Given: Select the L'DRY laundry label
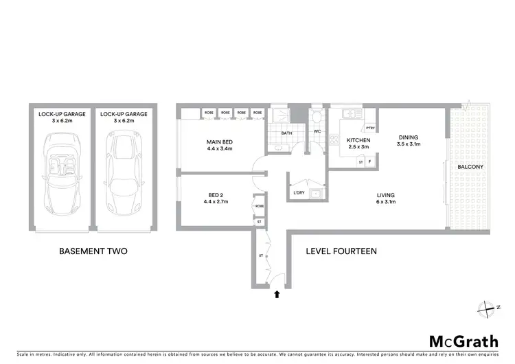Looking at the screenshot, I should (x=299, y=194).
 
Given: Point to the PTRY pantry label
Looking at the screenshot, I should (x=369, y=128).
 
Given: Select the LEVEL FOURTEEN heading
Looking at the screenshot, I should (x=341, y=251).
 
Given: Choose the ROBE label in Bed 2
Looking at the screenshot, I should (x=260, y=206).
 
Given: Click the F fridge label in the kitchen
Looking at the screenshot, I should (x=370, y=161).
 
